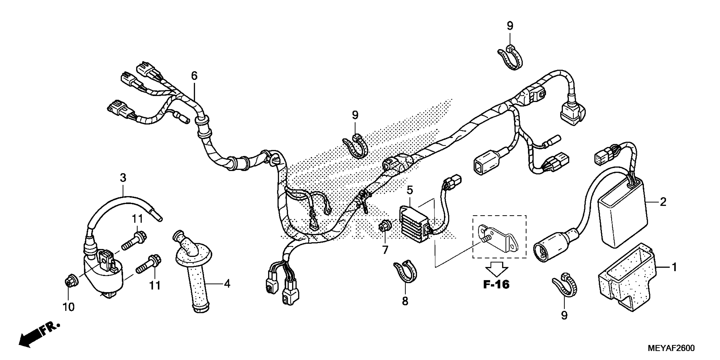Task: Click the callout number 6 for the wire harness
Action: click(194, 76)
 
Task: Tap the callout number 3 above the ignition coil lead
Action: click(123, 178)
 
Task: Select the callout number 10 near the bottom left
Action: click(68, 307)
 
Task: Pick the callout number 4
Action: click(227, 284)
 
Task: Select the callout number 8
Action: click(405, 301)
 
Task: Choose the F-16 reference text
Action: click(496, 285)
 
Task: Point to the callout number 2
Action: click(663, 202)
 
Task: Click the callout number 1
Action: click(674, 267)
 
